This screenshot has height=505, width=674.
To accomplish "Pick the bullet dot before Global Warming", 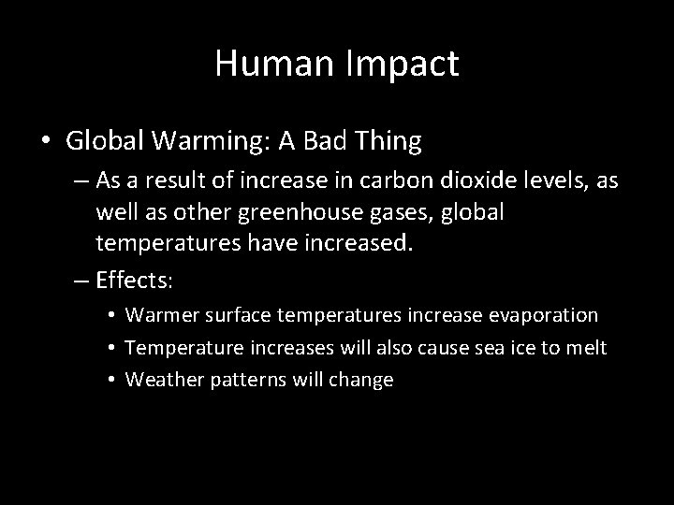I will [47, 142].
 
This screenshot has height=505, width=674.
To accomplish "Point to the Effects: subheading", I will [139, 280].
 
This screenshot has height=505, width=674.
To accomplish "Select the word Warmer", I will [159, 315].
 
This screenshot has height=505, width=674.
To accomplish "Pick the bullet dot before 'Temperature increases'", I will [110, 348].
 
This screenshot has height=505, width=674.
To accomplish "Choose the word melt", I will [586, 348].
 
